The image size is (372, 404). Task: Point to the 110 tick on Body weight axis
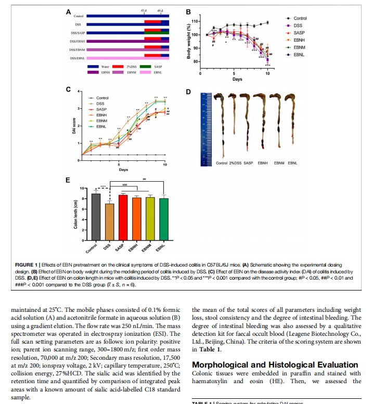196,21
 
